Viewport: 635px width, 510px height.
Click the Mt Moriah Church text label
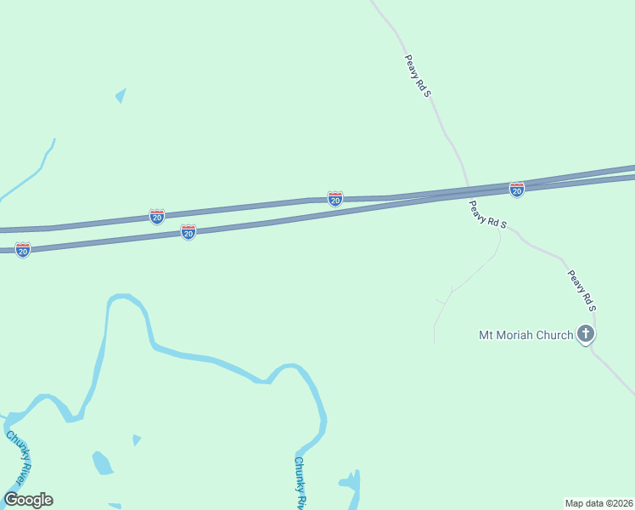coord(526,335)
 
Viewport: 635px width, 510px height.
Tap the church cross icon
coord(586,334)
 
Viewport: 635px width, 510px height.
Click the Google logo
coord(28,500)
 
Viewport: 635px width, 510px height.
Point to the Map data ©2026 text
coord(598,502)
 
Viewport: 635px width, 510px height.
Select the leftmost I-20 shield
coord(23,250)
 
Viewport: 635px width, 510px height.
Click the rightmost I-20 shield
coord(516,189)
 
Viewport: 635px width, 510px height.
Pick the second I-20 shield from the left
coord(157,217)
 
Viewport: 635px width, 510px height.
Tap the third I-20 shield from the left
coord(188,232)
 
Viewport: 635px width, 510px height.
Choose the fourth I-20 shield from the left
coord(335,198)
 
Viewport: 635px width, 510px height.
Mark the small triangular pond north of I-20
coord(121,95)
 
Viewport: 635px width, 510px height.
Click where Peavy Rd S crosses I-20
coord(468,189)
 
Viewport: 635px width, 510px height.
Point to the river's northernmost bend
coord(123,297)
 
